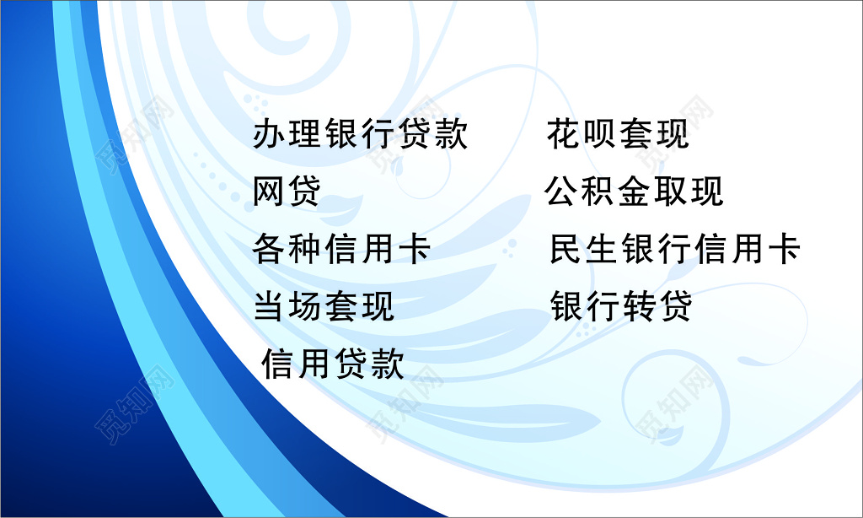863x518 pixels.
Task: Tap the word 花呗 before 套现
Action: (582, 135)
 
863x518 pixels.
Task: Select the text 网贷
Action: (287, 192)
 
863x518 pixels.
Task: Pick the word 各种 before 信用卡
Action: (287, 250)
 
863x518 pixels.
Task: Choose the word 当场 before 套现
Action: (287, 306)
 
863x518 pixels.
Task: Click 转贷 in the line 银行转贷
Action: (657, 306)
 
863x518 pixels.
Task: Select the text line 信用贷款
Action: (333, 364)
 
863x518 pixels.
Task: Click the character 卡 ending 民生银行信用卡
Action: (783, 250)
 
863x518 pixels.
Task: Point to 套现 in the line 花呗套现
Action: (654, 135)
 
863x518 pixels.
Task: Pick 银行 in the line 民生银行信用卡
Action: (656, 250)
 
